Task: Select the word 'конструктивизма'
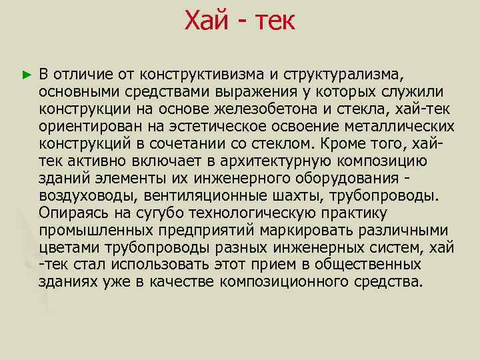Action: click(x=195, y=72)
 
